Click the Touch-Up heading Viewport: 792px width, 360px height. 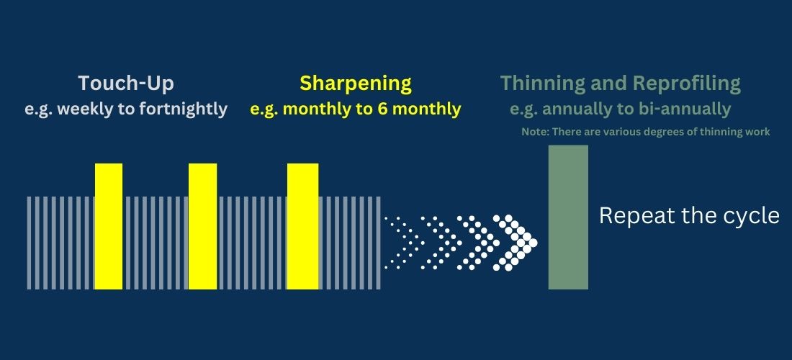[x=126, y=84]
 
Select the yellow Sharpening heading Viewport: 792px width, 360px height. [x=356, y=84]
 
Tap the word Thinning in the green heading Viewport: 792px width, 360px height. [x=542, y=84]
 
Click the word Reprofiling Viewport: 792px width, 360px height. [x=686, y=84]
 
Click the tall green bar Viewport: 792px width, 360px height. [x=568, y=217]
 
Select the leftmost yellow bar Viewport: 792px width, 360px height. [x=109, y=226]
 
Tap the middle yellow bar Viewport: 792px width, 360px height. [x=202, y=226]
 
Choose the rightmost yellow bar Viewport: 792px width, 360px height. [x=302, y=226]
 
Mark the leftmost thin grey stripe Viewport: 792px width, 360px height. [x=29, y=243]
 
